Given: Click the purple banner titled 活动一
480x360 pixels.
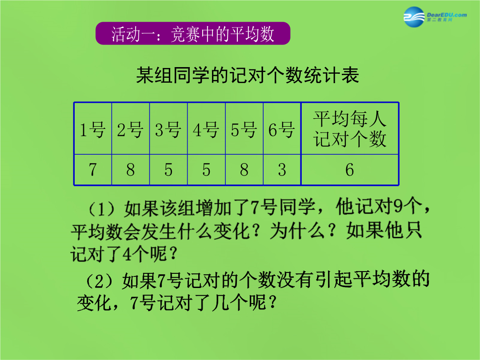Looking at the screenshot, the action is pos(193,33).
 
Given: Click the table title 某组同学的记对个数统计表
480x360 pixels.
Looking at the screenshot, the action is pos(248,75).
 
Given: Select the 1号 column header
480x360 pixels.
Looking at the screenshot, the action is pos(92,129).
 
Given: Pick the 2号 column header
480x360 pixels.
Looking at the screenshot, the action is pos(130,129).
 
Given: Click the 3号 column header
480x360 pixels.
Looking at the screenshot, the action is pos(168,129).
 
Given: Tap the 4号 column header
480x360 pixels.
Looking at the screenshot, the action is pos(206,129).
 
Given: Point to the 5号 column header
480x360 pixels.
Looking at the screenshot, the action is pos(244,129).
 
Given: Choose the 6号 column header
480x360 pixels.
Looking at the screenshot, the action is pos(282,129).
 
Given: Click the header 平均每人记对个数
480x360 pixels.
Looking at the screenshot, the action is pos(350,129).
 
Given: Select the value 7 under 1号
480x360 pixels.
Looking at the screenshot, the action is pos(92,170).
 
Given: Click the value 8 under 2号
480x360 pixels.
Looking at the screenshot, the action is pos(130,170).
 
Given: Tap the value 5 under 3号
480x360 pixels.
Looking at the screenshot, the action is pos(168,170).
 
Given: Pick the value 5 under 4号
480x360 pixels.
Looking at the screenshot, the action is pos(206,170).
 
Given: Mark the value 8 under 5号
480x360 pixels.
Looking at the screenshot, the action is pos(244,170).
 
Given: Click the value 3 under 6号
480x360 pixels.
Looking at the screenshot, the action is pos(282,170).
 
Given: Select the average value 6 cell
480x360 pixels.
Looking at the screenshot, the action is pos(350,170).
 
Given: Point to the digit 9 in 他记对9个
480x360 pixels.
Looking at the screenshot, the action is pos(398,207).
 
